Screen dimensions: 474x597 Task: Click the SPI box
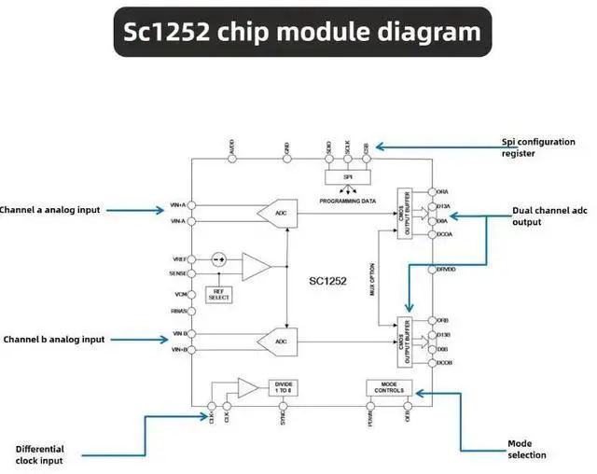pyautogui.click(x=347, y=175)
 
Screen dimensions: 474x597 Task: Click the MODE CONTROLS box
pyautogui.click(x=388, y=387)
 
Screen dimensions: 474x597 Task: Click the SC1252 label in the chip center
pyautogui.click(x=327, y=278)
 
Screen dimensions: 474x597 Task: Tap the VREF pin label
pyautogui.click(x=179, y=258)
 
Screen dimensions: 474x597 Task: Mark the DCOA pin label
pyautogui.click(x=444, y=235)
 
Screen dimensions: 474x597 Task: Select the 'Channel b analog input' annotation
pyautogui.click(x=53, y=340)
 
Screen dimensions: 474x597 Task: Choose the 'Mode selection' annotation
pyautogui.click(x=527, y=449)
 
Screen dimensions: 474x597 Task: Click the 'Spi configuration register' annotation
pyautogui.click(x=538, y=147)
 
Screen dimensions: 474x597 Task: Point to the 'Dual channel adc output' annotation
pyautogui.click(x=549, y=216)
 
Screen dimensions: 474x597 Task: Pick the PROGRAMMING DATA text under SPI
pyautogui.click(x=347, y=201)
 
